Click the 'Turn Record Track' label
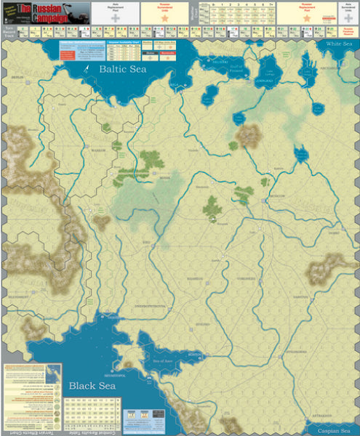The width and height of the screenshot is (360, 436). click(x=9, y=33)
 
